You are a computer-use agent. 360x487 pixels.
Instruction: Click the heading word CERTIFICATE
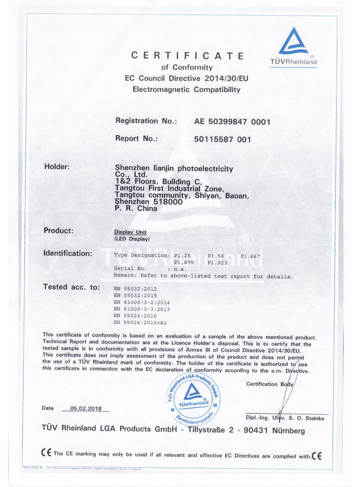[x=188, y=56]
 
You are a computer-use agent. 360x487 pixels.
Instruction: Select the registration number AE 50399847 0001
[x=232, y=122]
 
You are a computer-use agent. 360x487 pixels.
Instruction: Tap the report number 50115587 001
[x=222, y=139]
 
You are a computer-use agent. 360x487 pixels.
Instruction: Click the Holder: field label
[x=57, y=167]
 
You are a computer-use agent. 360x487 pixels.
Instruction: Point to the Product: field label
[x=59, y=231]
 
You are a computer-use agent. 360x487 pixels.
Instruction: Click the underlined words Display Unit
[x=130, y=232]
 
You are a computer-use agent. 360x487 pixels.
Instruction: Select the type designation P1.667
[x=250, y=256]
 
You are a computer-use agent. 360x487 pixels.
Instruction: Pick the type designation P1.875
[x=184, y=262]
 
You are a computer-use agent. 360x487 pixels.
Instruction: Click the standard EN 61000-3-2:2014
[x=141, y=303]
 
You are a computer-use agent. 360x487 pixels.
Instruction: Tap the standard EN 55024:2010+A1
[x=140, y=323]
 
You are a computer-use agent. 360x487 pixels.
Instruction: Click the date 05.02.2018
[x=86, y=408]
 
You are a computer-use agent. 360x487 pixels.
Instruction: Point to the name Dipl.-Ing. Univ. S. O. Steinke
[x=285, y=418]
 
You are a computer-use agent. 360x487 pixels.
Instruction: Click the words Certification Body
[x=270, y=384]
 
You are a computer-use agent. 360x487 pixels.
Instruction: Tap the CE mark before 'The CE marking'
[x=46, y=453]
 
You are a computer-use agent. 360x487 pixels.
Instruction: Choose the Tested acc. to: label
[x=71, y=287]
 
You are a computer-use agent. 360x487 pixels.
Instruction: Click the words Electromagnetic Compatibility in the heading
[x=186, y=90]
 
